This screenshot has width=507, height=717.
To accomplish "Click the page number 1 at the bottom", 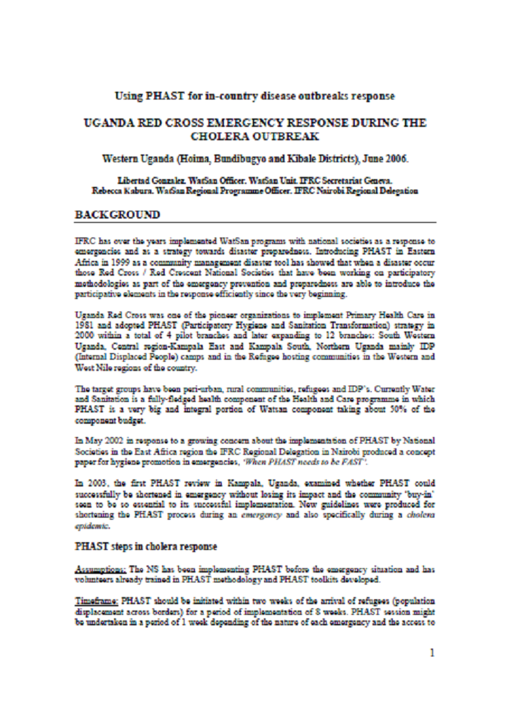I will coord(432,652).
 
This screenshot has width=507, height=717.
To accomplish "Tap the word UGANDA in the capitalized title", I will coord(113,123).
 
